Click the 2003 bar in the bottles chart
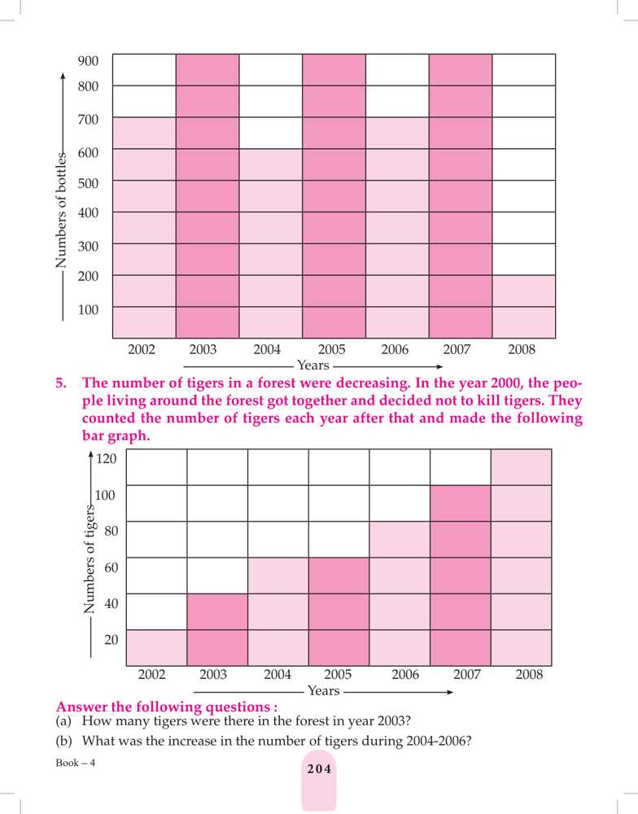(208, 195)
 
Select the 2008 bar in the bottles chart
(525, 307)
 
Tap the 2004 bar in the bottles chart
(271, 243)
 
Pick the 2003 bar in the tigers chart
(217, 630)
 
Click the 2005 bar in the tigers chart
(339, 612)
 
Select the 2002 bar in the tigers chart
(157, 648)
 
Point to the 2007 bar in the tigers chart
(461, 576)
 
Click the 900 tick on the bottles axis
(89, 61)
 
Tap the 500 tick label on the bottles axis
(89, 183)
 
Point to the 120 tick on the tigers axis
(107, 458)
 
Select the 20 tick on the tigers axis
(112, 640)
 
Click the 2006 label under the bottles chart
(395, 349)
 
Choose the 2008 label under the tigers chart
(529, 675)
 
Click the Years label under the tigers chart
(324, 691)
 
